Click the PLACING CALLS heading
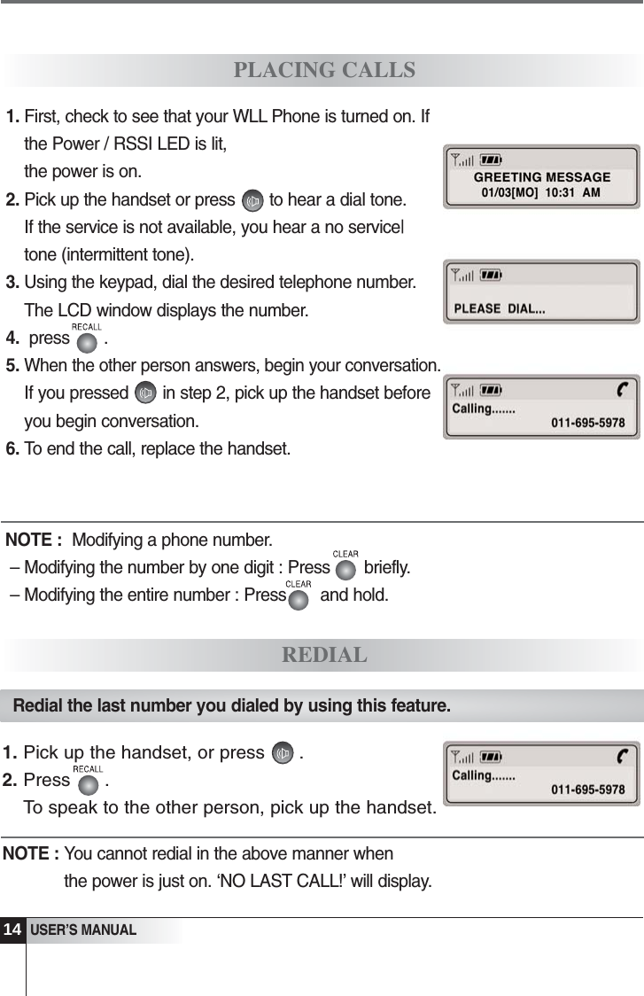coord(324,70)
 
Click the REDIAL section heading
coord(324,656)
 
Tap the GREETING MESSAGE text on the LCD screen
coord(542,177)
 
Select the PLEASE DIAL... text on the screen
coord(500,309)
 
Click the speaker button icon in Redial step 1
coord(283,755)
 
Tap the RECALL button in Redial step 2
coord(88,782)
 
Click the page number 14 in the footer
coord(12,930)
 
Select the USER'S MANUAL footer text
coord(83,930)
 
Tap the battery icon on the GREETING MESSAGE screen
coord(491,160)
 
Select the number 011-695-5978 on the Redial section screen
coord(587,790)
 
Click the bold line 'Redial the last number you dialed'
coord(232,706)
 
